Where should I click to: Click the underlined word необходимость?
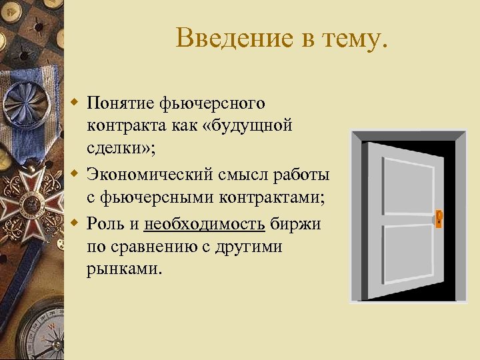click(x=206, y=224)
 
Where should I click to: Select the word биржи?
click(x=296, y=224)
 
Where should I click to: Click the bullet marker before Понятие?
click(x=76, y=103)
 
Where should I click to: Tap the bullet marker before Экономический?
click(x=76, y=175)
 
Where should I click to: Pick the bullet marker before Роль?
click(x=76, y=223)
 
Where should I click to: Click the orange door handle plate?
click(x=439, y=218)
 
